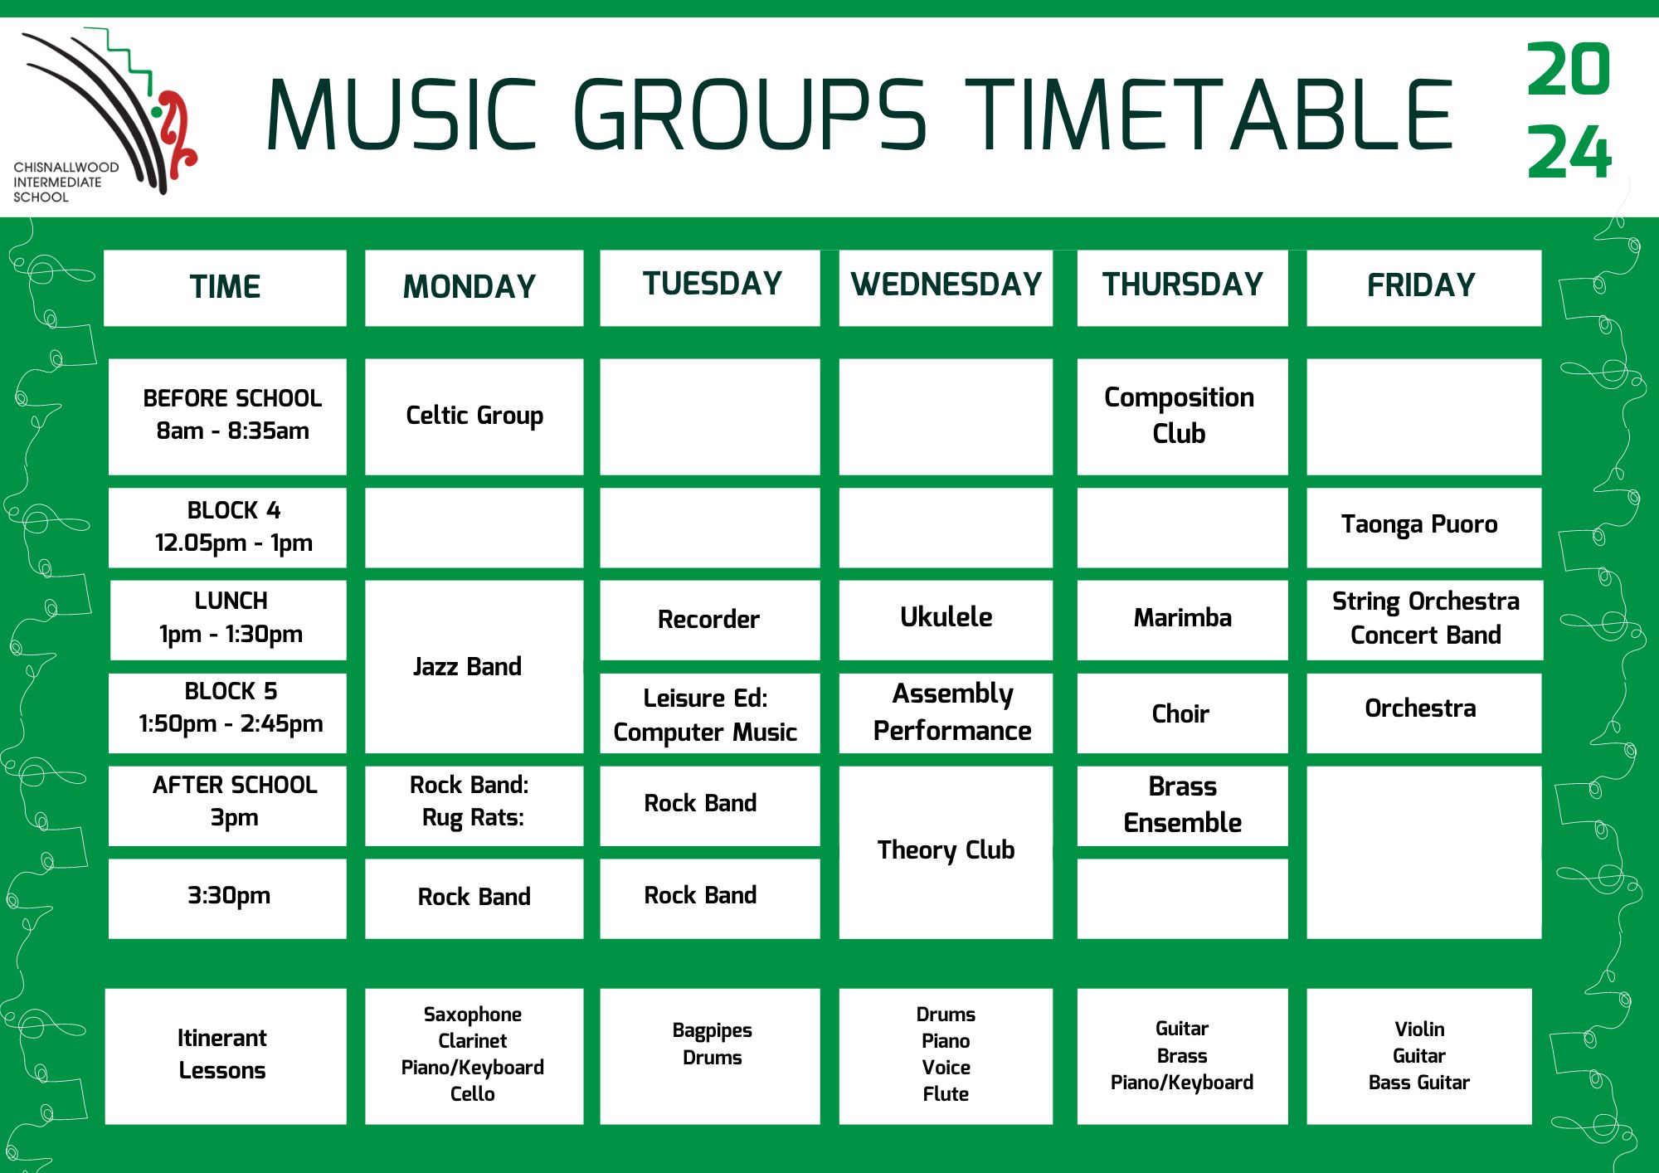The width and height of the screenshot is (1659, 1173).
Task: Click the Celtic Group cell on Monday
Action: [474, 416]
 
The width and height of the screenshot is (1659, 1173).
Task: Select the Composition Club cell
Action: [1182, 416]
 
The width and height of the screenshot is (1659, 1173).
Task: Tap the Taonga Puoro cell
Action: [1423, 528]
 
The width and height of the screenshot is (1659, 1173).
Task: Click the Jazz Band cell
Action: [474, 667]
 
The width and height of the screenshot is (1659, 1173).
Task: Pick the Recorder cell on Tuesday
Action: [710, 621]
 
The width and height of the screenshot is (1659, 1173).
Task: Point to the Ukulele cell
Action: [946, 621]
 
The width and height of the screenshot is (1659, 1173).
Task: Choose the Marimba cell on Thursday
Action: [1182, 621]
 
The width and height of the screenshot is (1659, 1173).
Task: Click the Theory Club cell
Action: [946, 853]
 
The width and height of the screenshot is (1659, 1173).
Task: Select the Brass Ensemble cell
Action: [1182, 806]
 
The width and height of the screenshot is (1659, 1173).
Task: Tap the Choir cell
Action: [1182, 713]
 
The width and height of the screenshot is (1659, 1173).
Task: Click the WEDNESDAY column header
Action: [946, 288]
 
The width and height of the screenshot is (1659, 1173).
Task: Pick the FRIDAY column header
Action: [1423, 288]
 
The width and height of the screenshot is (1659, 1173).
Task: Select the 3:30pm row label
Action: [227, 899]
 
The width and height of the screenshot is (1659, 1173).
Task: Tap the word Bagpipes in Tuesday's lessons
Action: [712, 1031]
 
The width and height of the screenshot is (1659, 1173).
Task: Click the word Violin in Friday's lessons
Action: [1419, 1029]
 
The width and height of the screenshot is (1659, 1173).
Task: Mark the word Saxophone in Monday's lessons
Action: [473, 1015]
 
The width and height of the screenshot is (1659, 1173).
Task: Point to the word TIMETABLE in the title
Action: [1208, 114]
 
